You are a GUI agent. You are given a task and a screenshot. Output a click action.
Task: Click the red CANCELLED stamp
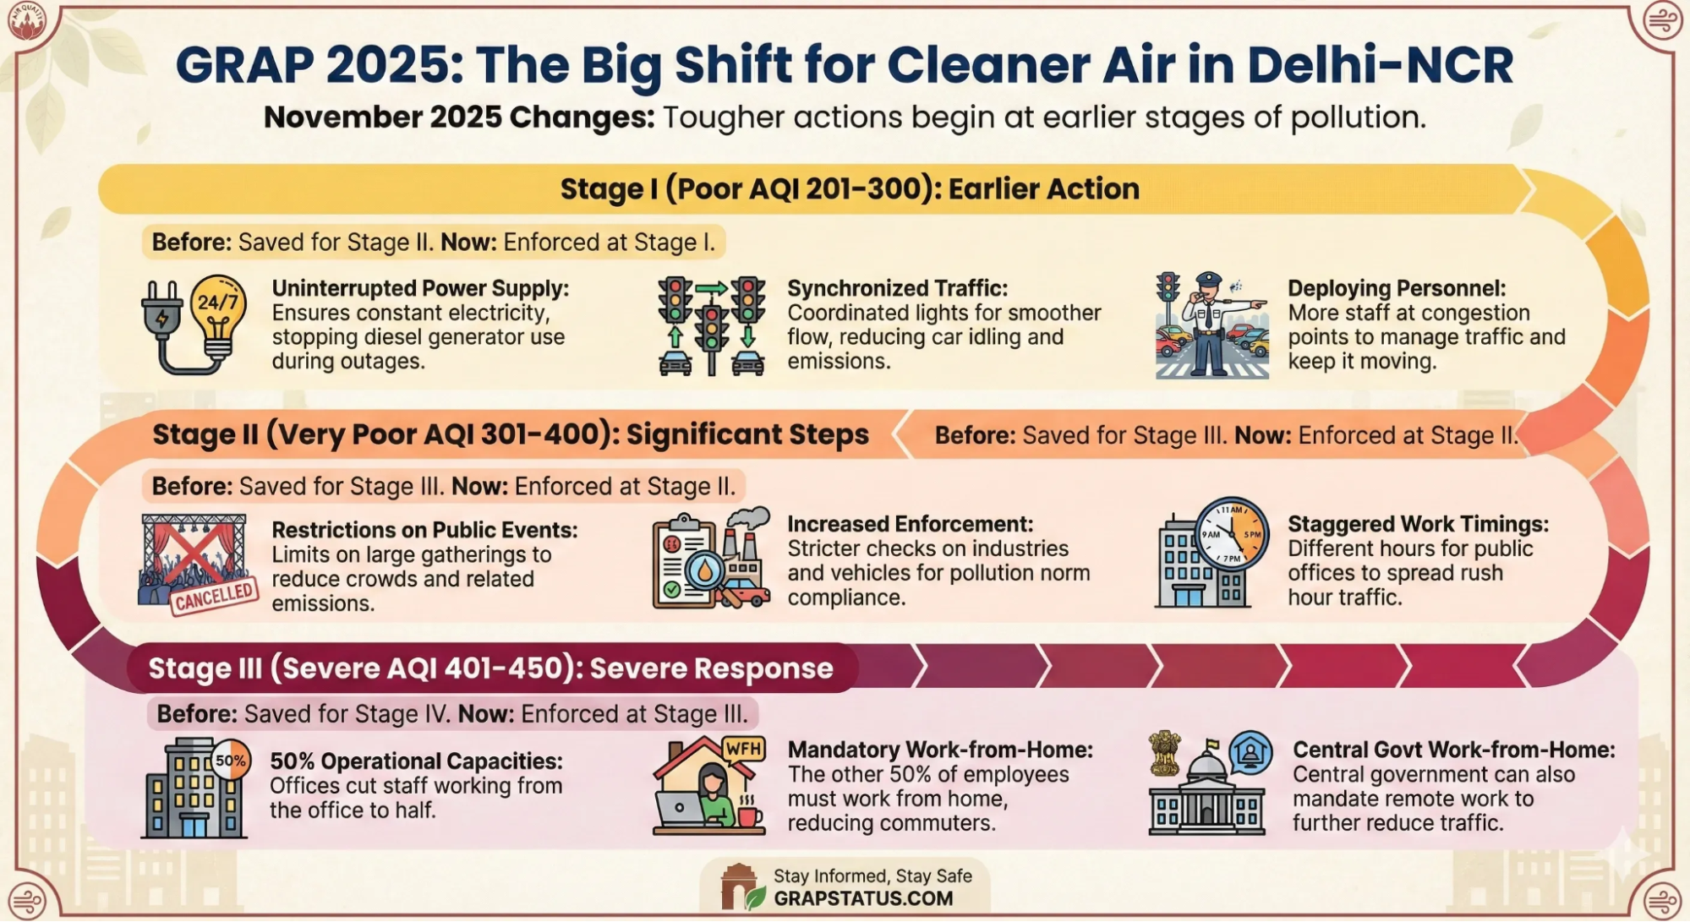[x=215, y=597]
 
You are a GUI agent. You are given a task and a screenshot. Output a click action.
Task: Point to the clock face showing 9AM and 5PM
[x=1232, y=534]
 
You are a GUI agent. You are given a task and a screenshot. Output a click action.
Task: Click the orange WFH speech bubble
[x=743, y=749]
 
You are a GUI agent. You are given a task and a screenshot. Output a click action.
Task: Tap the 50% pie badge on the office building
[x=230, y=761]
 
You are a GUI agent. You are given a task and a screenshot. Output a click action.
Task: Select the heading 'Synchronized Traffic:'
[x=897, y=288]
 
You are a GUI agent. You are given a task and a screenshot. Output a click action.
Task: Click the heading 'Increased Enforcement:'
[x=910, y=524]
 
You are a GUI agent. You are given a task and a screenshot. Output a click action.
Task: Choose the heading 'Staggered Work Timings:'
[x=1418, y=524]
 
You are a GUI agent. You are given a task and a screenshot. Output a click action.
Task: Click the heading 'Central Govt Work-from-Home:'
[x=1453, y=750]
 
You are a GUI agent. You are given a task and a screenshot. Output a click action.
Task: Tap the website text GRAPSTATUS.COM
[x=863, y=898]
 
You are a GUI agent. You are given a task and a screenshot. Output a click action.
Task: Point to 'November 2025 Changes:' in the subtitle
[x=459, y=117]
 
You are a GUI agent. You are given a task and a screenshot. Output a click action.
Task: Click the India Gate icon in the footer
[x=738, y=886]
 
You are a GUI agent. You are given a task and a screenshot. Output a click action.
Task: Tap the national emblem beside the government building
[x=1165, y=753]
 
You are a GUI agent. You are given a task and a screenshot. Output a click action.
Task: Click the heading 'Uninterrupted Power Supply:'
[x=420, y=288]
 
